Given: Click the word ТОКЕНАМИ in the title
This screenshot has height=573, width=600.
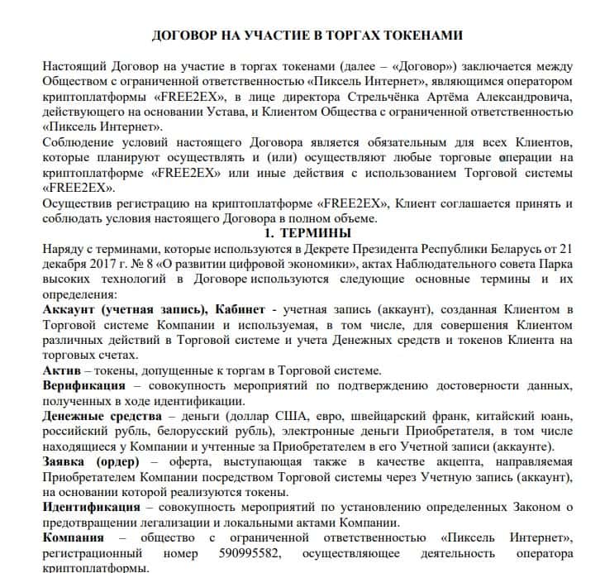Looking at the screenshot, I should (412, 36).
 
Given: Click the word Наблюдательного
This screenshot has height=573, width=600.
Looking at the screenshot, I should (401, 265).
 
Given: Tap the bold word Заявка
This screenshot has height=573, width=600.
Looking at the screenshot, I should (65, 461).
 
